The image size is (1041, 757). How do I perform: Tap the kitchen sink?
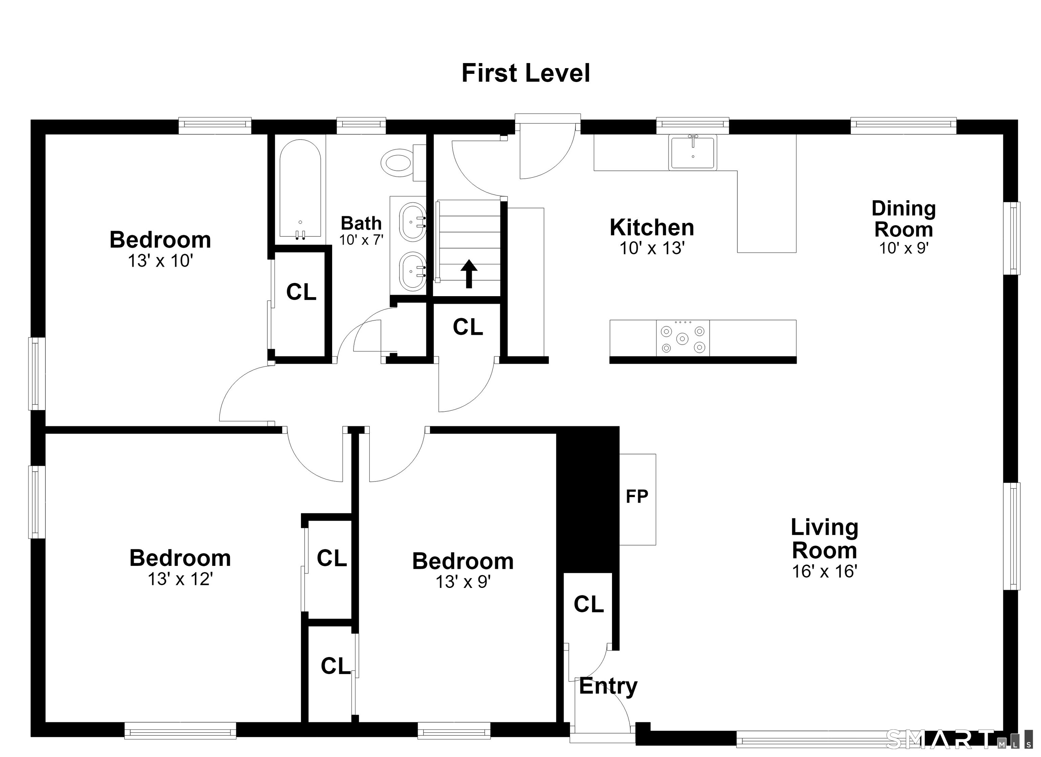(x=693, y=152)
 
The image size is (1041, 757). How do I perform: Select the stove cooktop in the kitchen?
(x=682, y=338)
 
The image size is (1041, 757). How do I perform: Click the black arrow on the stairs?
(x=469, y=274)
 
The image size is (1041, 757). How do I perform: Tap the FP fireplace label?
(x=637, y=496)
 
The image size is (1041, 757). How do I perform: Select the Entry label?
(x=608, y=687)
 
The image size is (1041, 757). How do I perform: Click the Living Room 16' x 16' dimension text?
(x=825, y=571)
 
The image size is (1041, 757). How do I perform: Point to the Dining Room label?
(x=904, y=219)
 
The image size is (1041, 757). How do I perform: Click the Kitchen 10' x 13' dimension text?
(x=652, y=248)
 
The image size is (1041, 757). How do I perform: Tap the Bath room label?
(x=361, y=223)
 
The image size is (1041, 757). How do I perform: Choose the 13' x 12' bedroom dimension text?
(x=180, y=579)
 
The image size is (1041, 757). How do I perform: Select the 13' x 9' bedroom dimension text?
(x=463, y=582)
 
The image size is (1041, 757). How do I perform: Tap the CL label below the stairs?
(x=468, y=327)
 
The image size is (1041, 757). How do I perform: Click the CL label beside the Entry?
(x=588, y=605)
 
